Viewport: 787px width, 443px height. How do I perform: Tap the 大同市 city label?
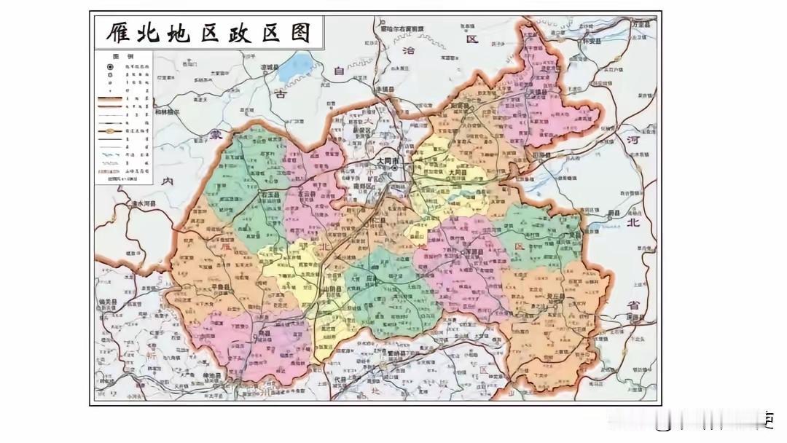(389, 159)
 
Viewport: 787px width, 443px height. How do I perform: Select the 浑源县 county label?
(474, 267)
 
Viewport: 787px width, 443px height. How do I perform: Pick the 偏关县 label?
(107, 301)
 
